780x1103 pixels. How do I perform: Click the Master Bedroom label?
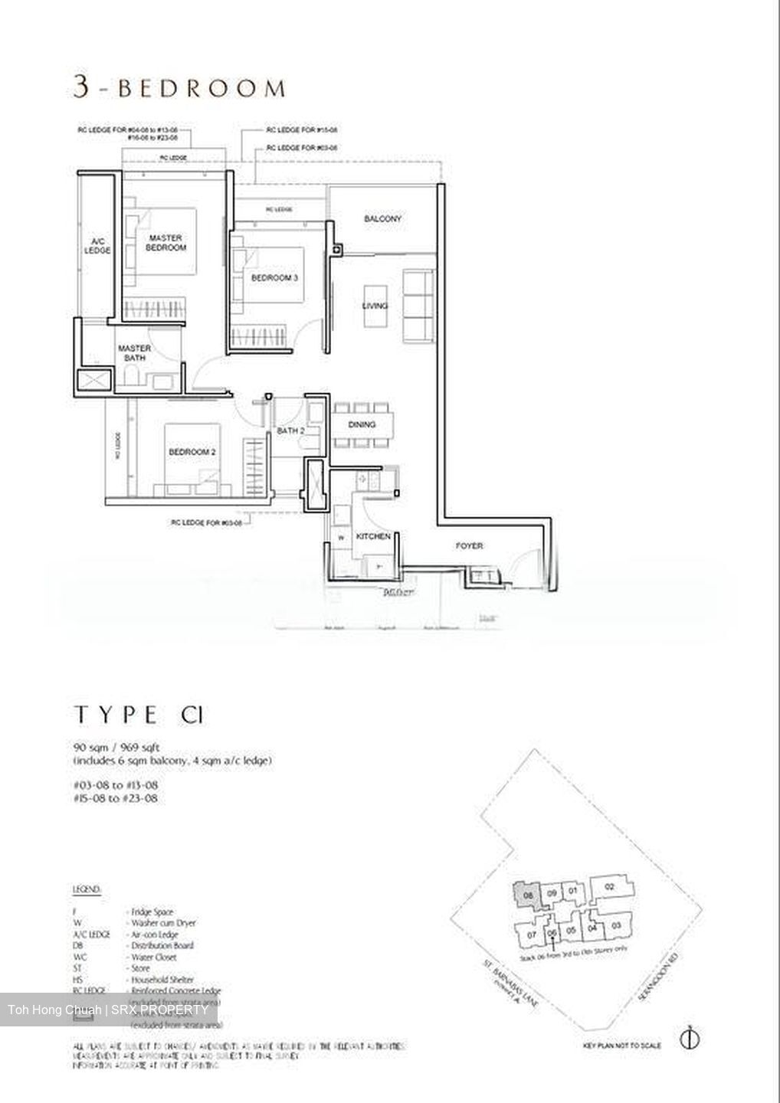pos(166,243)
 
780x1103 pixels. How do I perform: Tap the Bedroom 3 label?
pos(274,277)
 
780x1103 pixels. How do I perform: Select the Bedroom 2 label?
pos(192,453)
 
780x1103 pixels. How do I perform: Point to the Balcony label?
pos(382,219)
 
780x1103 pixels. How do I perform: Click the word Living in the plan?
pos(375,306)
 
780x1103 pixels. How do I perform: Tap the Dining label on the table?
pos(362,424)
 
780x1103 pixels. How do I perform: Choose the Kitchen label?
pos(373,537)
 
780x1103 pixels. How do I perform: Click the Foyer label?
pos(469,546)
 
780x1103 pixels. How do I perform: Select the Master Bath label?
pos(134,353)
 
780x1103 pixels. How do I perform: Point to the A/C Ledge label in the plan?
pos(97,245)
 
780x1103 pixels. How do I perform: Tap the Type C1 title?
pos(139,715)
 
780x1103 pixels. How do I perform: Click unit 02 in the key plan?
pos(610,887)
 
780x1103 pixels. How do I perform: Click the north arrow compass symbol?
pos(690,1039)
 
